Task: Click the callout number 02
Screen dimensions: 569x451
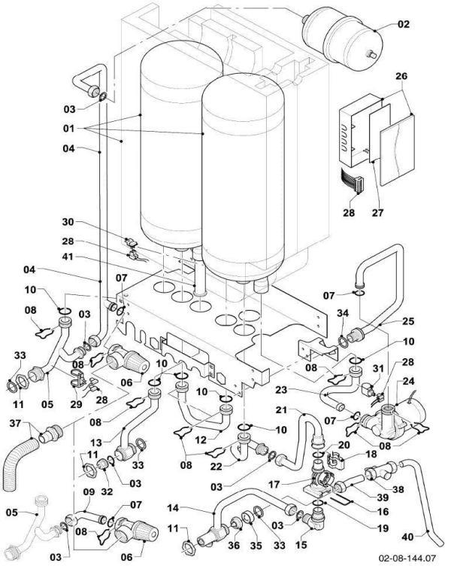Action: (x=404, y=24)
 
